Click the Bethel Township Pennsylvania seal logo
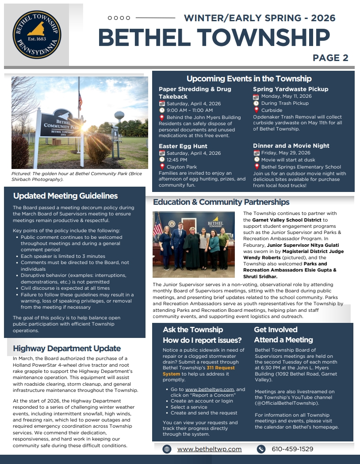click(37, 35)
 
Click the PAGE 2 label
click(330, 58)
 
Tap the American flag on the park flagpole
click(80, 100)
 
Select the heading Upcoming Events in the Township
click(249, 79)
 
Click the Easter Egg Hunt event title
click(183, 146)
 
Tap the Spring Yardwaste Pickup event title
click(291, 89)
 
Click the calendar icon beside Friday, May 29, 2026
click(257, 153)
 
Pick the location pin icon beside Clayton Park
click(162, 167)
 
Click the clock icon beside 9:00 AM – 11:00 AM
click(162, 110)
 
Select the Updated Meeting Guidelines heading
click(65, 196)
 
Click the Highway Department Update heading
click(67, 349)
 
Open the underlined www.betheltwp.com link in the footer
click(210, 449)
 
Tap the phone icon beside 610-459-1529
click(261, 449)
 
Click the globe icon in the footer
click(167, 449)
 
